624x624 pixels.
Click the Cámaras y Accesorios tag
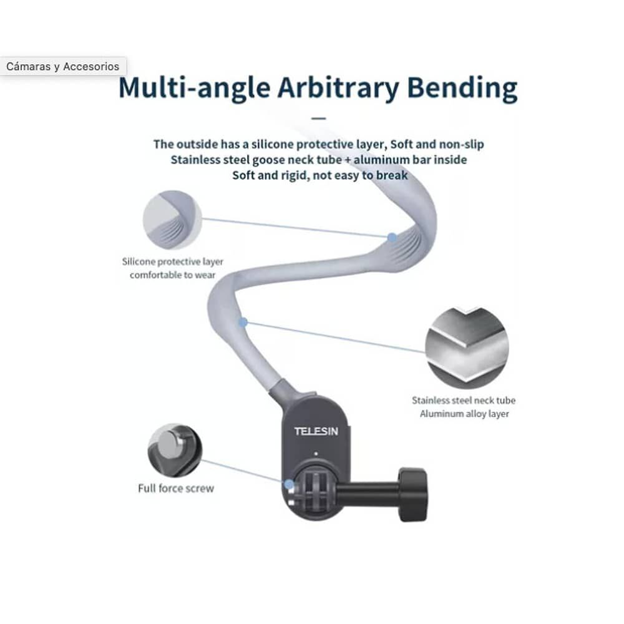(x=63, y=67)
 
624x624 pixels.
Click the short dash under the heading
(x=319, y=117)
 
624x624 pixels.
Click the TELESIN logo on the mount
(x=316, y=431)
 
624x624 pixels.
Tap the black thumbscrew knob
(x=413, y=494)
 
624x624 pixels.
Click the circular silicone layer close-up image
(x=172, y=220)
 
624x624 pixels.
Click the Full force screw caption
(x=176, y=488)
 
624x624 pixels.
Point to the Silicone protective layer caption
(x=173, y=268)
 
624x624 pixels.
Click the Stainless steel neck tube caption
(x=464, y=407)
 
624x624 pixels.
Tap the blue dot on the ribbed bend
(x=392, y=237)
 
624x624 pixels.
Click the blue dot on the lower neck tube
(x=243, y=322)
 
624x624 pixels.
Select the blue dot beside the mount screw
(x=288, y=484)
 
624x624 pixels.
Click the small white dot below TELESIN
(x=316, y=454)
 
